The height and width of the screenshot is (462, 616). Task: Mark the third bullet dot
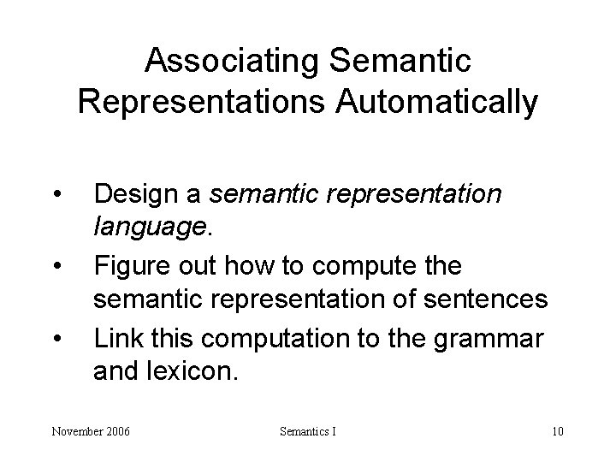click(x=56, y=338)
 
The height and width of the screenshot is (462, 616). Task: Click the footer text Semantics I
click(x=308, y=431)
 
